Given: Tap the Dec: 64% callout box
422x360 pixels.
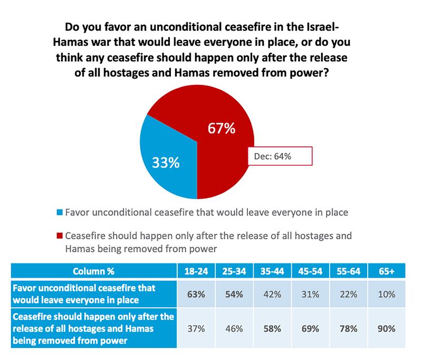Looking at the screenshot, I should pos(280,156).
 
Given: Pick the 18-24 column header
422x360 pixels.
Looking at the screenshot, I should pos(196,273).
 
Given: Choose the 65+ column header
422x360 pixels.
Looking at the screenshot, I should pos(386,273).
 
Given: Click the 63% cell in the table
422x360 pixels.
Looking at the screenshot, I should pos(196,294).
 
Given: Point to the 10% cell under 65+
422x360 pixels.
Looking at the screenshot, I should pos(386,294).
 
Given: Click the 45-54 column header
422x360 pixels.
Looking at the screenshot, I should pos(310,273).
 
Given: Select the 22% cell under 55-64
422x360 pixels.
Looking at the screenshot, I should pos(348,294).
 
